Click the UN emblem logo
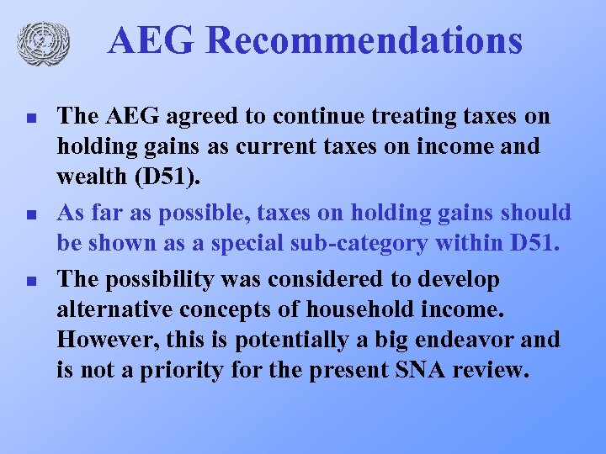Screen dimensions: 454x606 coord(42,43)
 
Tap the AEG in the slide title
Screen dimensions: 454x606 coord(151,41)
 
